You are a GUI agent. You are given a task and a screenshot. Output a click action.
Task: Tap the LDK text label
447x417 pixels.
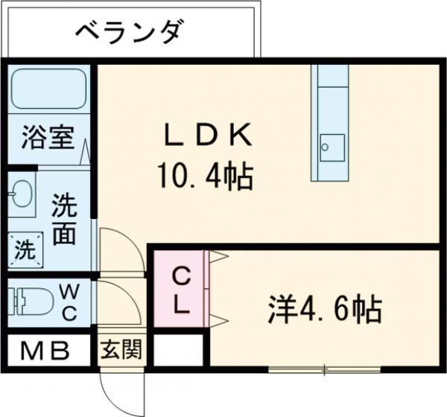(x=209, y=137)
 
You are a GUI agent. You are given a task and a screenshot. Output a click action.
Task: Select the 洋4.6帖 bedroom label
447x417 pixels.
(x=326, y=308)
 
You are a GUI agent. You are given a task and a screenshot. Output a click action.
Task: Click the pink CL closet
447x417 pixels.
(x=181, y=290)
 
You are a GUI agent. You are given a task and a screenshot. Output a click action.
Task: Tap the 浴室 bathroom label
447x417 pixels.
(x=47, y=139)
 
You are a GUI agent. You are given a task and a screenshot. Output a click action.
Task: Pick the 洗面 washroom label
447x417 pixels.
(x=63, y=221)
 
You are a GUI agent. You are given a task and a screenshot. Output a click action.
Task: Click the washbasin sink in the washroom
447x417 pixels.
(x=22, y=195)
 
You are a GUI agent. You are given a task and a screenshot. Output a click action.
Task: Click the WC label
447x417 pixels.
(x=68, y=301)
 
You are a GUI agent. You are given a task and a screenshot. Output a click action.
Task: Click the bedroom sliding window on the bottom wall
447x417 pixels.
(x=324, y=368)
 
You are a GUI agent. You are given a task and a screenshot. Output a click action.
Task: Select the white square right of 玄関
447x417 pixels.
(x=177, y=349)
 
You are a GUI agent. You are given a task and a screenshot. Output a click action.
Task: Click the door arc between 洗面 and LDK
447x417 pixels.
(x=119, y=249)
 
